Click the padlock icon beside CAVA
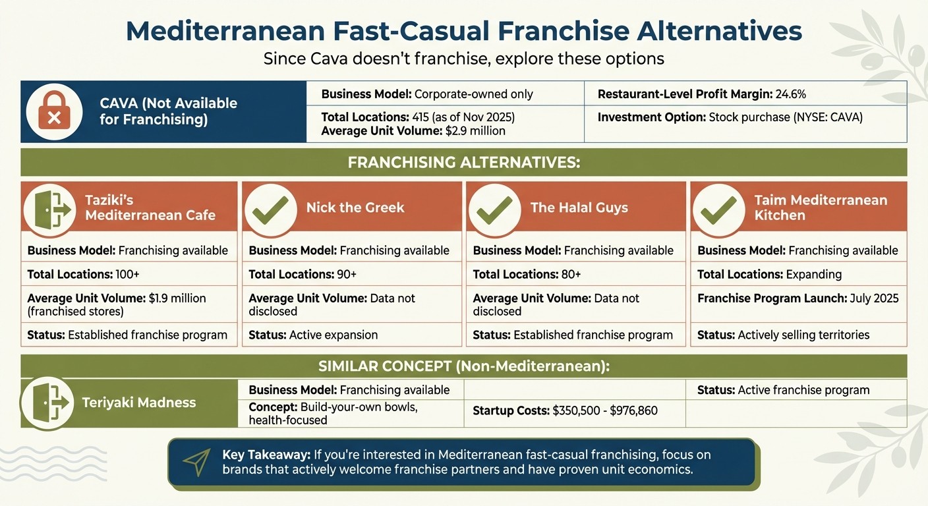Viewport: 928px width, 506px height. point(54,111)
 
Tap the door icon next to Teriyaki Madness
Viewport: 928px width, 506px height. point(47,403)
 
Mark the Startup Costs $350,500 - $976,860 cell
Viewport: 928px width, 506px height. point(565,410)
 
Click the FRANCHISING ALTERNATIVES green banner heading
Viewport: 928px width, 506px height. point(463,162)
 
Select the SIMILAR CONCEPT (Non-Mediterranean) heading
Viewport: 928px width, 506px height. point(463,366)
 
